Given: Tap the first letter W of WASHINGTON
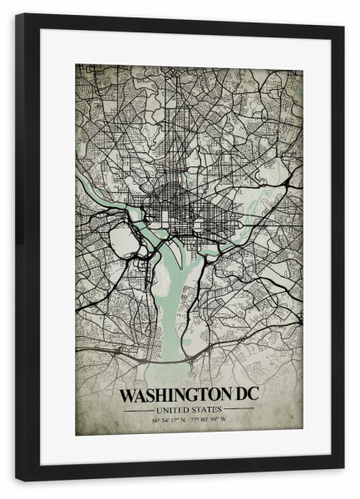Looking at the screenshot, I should [127, 394].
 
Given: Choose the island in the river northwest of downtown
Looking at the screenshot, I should [136, 215].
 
